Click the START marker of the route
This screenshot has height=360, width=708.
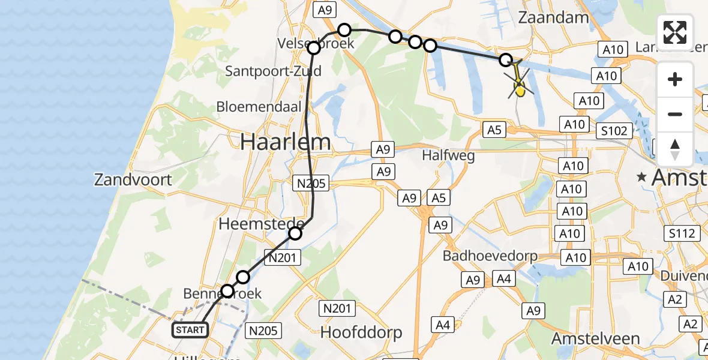coord(190,329)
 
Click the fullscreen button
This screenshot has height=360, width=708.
coord(675,32)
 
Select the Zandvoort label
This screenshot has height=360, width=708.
coord(133,179)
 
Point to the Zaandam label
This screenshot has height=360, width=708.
coord(553,17)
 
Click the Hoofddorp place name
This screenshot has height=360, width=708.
coord(361,332)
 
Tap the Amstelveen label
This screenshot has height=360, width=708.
coord(596,338)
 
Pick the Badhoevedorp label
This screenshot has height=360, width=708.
coord(490,256)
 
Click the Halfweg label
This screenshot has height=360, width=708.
coord(448,156)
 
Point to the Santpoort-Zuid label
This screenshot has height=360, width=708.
coord(273,71)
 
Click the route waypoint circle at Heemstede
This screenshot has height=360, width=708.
coord(295,233)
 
